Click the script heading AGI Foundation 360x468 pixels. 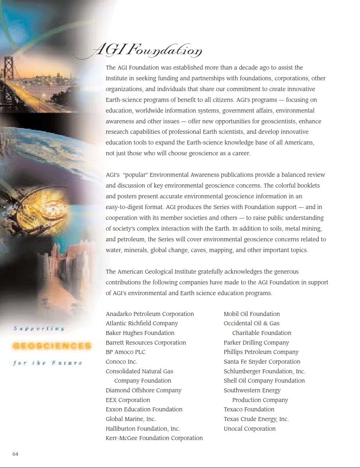(147, 50)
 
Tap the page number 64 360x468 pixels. (15, 454)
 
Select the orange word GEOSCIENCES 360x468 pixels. (52, 346)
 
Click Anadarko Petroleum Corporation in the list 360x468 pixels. (150, 314)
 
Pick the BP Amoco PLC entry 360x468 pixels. (125, 352)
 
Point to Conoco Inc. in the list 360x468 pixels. (121, 361)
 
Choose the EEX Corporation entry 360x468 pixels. (128, 400)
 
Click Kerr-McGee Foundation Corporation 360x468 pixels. (154, 438)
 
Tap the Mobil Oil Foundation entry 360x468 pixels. (251, 314)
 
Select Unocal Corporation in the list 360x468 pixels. (250, 429)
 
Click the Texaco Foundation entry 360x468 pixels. (249, 409)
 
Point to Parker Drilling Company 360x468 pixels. (256, 342)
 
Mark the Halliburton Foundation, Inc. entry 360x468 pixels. (143, 429)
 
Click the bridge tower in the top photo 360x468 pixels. (8, 68)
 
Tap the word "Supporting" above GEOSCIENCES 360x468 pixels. (38, 328)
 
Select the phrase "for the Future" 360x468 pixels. (47, 363)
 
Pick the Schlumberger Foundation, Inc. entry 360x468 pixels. (264, 371)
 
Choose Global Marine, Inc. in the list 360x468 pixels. (131, 419)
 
